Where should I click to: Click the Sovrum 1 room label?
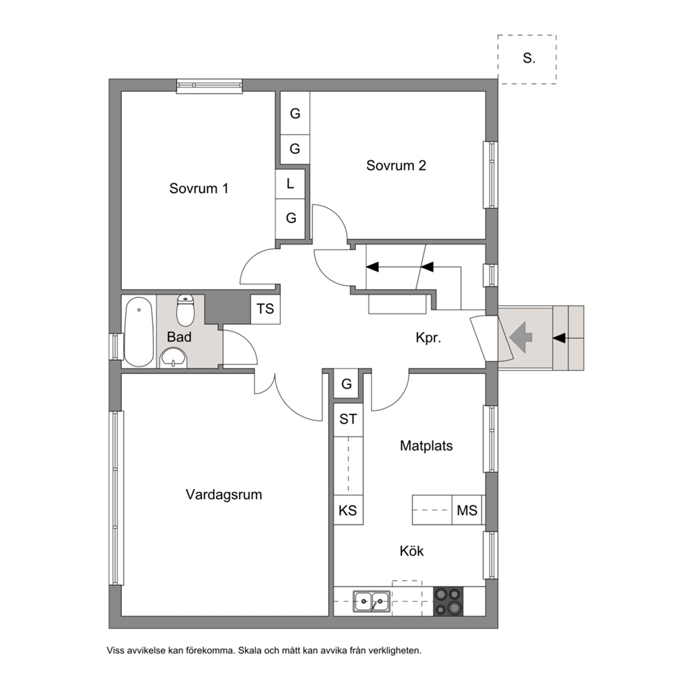199,189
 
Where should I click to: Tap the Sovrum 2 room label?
396,165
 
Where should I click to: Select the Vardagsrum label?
224,495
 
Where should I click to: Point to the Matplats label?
426,446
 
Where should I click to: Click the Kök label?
412,551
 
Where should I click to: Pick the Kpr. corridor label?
428,338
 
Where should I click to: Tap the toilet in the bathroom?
185,310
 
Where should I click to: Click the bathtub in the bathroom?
139,332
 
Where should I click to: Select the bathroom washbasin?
173,357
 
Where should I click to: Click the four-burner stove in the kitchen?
448,601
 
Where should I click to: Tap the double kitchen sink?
371,601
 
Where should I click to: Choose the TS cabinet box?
265,309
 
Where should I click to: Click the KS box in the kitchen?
348,510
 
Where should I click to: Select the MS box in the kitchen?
467,510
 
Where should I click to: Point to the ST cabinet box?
348,419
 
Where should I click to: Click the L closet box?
290,184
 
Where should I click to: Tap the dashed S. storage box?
527,59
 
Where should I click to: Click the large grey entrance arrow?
521,337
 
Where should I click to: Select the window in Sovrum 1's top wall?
210,86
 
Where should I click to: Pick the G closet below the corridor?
346,385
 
